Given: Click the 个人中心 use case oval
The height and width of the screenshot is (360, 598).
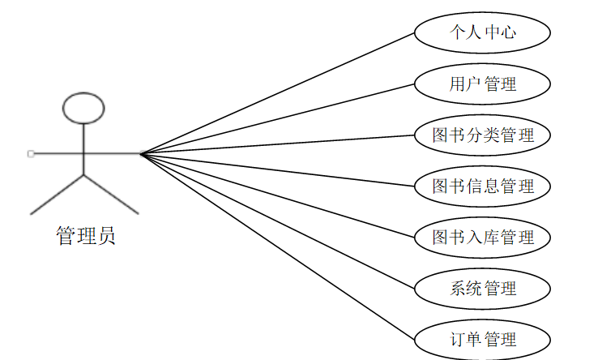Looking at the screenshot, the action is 483,32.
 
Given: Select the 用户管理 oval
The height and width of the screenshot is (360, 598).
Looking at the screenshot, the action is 483,84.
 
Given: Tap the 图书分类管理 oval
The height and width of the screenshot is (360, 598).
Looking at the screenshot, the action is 483,135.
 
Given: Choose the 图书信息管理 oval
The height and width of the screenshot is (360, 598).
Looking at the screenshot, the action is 483,186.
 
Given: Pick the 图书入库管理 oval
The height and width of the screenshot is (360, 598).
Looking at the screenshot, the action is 483,237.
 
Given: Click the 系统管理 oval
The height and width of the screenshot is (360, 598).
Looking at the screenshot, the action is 483,288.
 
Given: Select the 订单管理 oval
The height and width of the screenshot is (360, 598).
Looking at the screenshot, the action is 483,338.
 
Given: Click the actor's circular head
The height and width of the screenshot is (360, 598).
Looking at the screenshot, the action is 84,108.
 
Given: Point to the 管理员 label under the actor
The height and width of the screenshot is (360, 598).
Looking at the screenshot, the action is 85,236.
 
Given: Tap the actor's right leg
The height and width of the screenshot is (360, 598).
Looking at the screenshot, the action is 111,194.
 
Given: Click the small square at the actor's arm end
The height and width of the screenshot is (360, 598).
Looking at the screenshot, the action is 30,153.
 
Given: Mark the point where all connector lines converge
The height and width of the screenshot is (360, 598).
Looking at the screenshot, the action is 140,153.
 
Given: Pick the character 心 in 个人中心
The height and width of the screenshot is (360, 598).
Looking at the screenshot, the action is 508,32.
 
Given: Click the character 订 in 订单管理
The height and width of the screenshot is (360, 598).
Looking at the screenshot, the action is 458,338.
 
